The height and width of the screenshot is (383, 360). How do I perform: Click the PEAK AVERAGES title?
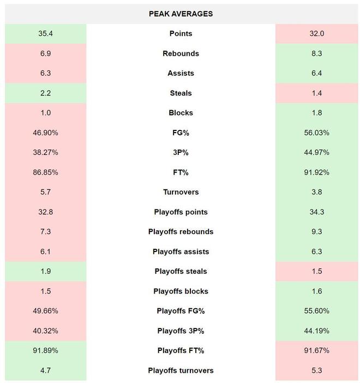click(x=181, y=14)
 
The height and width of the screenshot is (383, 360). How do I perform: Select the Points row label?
click(x=181, y=34)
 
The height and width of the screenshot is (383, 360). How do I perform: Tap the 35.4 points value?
click(x=46, y=34)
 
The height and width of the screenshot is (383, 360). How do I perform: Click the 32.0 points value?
click(x=316, y=34)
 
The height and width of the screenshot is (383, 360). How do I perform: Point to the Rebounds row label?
click(x=181, y=53)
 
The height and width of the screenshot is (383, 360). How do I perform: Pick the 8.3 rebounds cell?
click(x=316, y=53)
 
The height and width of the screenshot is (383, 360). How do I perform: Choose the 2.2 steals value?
click(x=46, y=93)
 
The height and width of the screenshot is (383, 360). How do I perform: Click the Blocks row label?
click(x=181, y=113)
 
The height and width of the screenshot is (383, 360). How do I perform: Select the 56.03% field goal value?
click(x=316, y=133)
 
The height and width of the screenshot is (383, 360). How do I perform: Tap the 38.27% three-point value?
click(x=46, y=153)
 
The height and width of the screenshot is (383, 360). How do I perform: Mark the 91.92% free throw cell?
click(x=316, y=172)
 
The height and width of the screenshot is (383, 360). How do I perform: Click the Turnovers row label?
click(x=181, y=192)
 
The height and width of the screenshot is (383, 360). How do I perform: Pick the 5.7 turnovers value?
click(x=46, y=192)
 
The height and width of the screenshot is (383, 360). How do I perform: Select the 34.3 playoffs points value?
click(x=316, y=212)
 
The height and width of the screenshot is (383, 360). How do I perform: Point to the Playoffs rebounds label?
click(x=181, y=232)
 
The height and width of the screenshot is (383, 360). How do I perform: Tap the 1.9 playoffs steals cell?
click(x=46, y=272)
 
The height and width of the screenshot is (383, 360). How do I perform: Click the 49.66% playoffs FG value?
click(x=46, y=311)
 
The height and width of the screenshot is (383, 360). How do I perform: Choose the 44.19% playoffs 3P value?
click(x=316, y=331)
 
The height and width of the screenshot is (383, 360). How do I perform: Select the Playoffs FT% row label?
click(x=181, y=351)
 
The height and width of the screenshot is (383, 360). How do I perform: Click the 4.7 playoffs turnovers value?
click(x=46, y=370)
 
